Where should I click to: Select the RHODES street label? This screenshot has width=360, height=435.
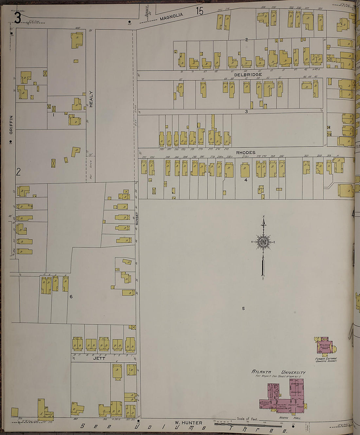coord(246,153)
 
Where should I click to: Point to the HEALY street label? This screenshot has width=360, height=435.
coord(91,99)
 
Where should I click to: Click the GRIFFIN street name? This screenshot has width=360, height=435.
coord(11,124)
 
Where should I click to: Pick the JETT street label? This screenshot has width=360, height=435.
coord(99,358)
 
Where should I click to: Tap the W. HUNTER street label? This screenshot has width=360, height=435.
coord(188,423)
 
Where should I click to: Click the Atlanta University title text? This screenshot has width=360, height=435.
coord(279,372)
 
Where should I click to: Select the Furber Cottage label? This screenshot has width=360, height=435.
coord(326,359)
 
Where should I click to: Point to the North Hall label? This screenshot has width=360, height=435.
coord(285,418)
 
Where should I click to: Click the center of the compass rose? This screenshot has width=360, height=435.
coord(263,242)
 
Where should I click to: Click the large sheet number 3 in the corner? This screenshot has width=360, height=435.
coord(17,18)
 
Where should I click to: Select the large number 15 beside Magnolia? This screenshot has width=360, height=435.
coord(199,11)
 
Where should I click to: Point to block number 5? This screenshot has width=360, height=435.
coord(243,308)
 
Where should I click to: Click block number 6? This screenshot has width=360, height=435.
coord(71,297)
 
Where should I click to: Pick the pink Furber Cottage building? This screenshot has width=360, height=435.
coord(325,346)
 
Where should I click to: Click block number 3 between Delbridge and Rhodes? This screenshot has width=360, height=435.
coord(246,111)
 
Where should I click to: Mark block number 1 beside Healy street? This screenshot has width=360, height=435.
coord(53,115)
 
